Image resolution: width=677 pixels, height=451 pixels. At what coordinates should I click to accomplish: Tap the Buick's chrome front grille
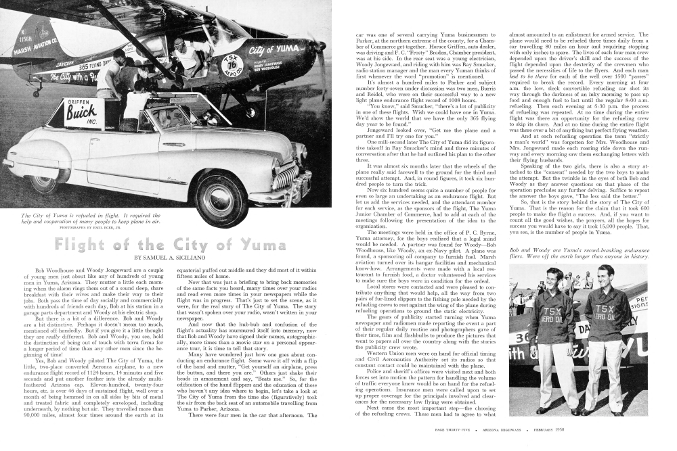pos(284,177)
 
